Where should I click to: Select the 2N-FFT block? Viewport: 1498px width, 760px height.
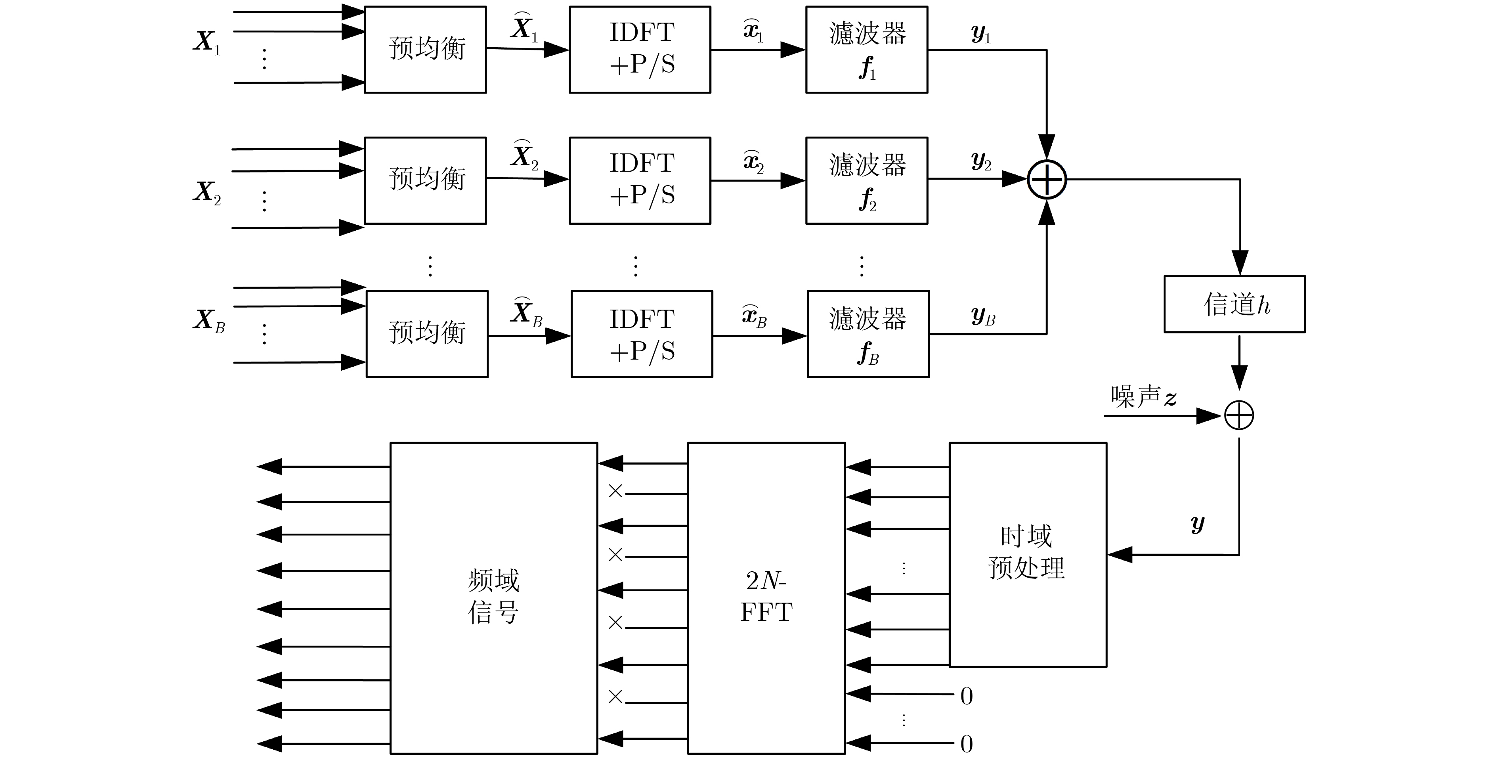click(766, 597)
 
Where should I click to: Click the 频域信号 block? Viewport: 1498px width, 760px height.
click(493, 597)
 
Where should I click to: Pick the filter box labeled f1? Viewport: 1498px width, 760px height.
click(866, 50)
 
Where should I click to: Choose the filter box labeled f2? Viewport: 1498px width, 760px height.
click(866, 180)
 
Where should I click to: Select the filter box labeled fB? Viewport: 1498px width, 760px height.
click(867, 334)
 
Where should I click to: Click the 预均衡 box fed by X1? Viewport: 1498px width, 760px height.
click(425, 50)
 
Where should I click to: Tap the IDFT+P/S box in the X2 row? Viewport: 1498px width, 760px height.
click(640, 180)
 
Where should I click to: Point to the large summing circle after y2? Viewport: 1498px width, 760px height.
click(1047, 179)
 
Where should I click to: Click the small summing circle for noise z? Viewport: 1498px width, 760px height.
click(1239, 415)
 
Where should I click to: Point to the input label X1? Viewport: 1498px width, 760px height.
click(207, 42)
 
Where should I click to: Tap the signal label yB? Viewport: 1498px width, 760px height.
click(983, 316)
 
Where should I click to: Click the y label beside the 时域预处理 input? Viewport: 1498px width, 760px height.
click(1197, 524)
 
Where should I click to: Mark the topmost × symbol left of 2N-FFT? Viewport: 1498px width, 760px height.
click(615, 491)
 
